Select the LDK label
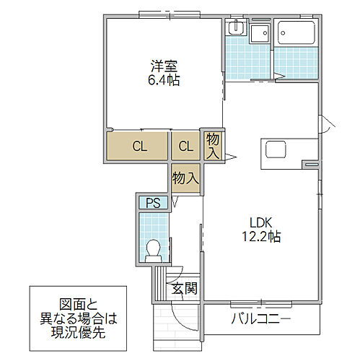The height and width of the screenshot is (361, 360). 261,222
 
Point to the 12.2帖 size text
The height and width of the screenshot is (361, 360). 261,235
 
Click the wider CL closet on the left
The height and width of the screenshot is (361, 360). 139,147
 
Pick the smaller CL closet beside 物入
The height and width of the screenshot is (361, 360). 186,147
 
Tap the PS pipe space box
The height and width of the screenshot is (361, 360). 154,203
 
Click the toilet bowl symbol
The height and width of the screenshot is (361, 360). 152,249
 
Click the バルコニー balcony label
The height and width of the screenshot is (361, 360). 261,318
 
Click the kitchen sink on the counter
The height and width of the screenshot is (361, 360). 277,151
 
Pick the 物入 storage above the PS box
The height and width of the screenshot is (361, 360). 186,178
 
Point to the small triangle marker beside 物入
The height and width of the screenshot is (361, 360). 232,157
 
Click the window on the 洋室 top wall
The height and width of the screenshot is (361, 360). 164,14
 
